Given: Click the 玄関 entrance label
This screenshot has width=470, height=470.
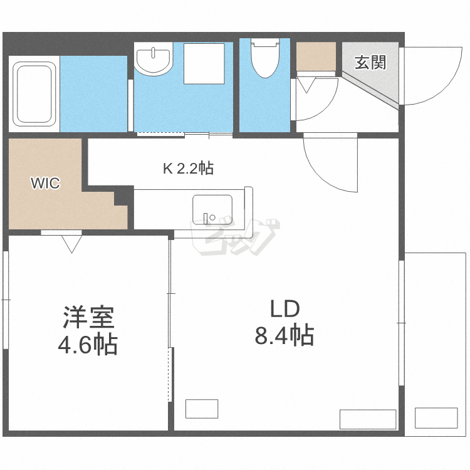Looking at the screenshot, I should pyautogui.click(x=370, y=63).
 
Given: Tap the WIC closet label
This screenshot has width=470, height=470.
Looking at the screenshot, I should pyautogui.click(x=46, y=184).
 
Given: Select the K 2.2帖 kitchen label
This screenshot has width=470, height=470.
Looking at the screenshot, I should pyautogui.click(x=188, y=168).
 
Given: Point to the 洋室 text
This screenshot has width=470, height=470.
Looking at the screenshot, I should pyautogui.click(x=88, y=318).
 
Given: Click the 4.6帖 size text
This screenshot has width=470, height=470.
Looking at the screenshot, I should pyautogui.click(x=88, y=344).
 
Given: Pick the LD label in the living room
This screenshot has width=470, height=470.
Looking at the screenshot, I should pyautogui.click(x=285, y=309).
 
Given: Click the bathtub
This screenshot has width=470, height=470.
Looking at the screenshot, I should pyautogui.click(x=34, y=93).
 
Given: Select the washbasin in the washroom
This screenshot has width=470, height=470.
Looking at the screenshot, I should pyautogui.click(x=154, y=60).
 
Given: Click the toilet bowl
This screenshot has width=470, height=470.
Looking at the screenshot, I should pyautogui.click(x=264, y=60).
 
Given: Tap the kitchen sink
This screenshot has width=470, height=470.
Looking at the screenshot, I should pyautogui.click(x=212, y=209).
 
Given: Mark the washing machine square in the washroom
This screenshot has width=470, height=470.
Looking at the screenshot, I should pyautogui.click(x=204, y=63).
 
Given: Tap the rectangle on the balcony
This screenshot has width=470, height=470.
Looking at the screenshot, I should pyautogui.click(x=436, y=417).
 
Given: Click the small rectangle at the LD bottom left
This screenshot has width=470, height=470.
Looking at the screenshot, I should pyautogui.click(x=202, y=409).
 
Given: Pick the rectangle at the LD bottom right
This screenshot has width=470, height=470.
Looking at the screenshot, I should pyautogui.click(x=367, y=419).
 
